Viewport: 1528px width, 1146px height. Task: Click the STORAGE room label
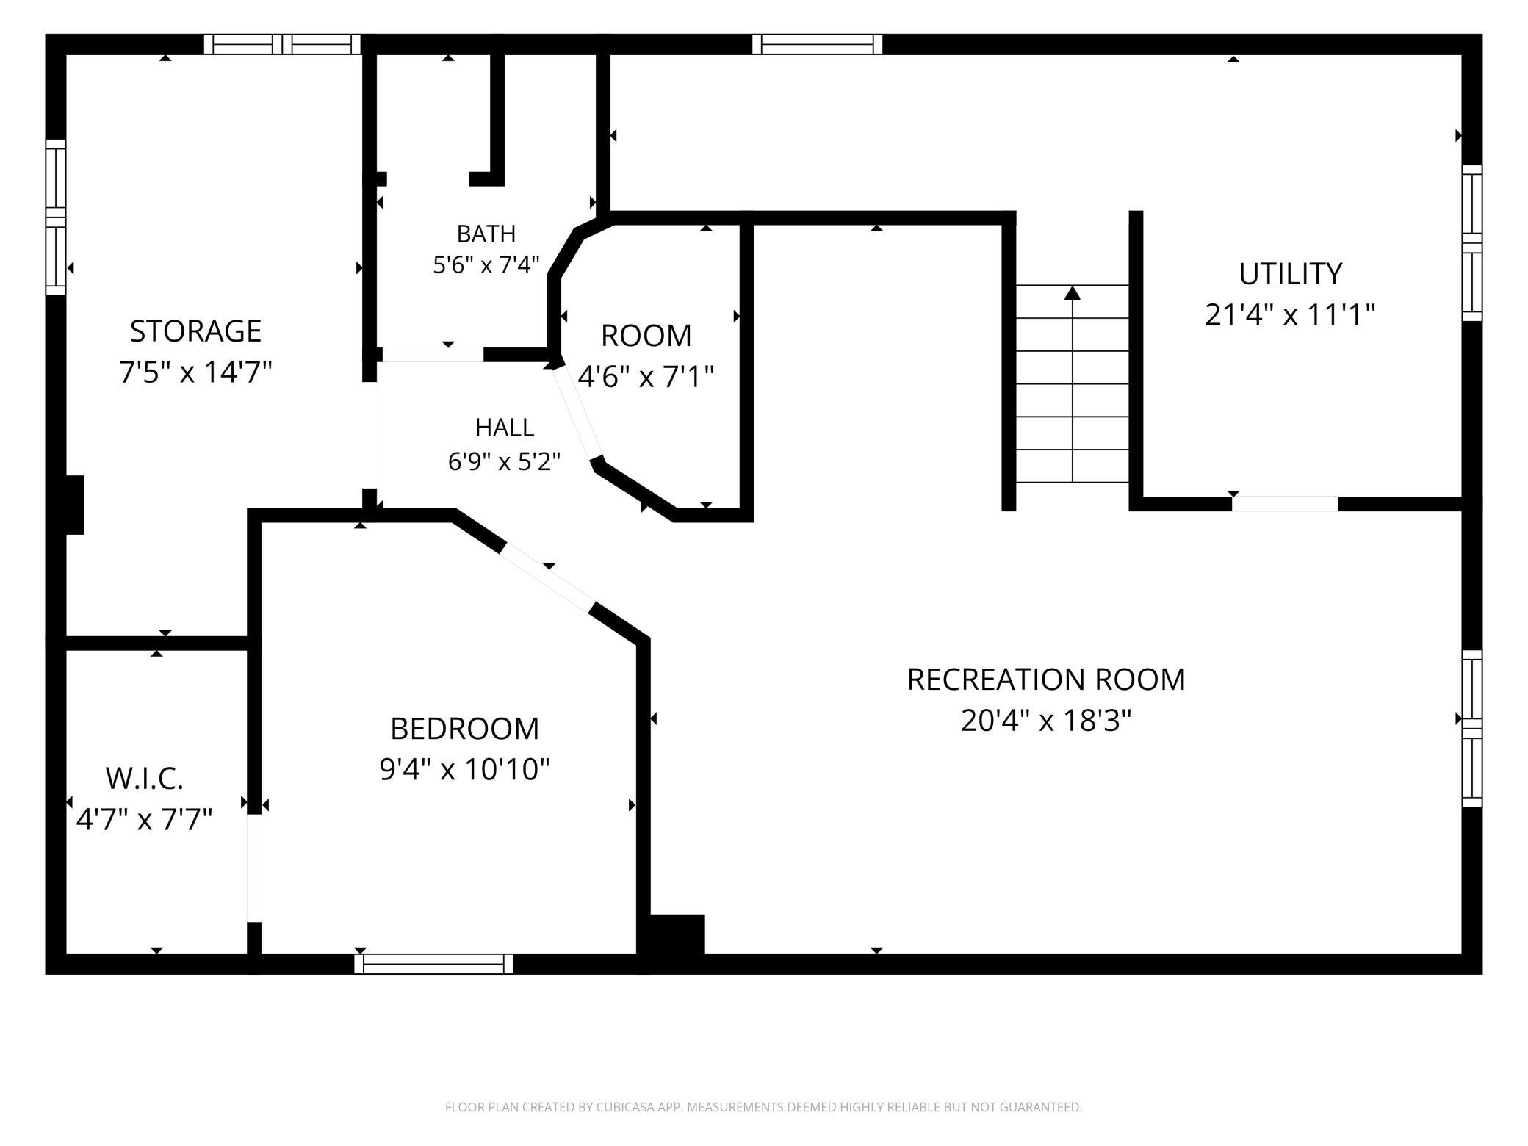click(195, 331)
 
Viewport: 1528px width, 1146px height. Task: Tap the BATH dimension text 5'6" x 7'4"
click(486, 264)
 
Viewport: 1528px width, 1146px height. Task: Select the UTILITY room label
click(1290, 274)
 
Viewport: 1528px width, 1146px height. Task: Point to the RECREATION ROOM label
click(1046, 680)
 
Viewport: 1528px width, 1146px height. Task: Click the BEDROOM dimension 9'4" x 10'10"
click(464, 770)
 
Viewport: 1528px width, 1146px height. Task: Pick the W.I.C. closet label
click(144, 779)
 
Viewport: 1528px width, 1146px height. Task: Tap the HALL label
click(505, 428)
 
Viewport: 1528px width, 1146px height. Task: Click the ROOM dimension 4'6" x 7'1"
click(646, 377)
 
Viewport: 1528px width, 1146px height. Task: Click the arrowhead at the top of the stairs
click(1073, 293)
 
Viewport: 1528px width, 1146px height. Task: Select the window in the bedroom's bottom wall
click(433, 963)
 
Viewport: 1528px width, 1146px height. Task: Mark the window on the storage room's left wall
click(56, 217)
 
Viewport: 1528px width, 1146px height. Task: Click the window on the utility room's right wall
click(1471, 242)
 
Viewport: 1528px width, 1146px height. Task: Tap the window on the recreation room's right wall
click(1471, 728)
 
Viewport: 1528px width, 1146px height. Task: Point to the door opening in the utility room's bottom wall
click(1285, 504)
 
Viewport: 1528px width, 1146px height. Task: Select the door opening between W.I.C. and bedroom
click(254, 868)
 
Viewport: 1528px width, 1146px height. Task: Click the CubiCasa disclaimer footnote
click(763, 1106)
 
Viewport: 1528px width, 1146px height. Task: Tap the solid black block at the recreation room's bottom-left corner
click(677, 934)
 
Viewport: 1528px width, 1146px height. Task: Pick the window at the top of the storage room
click(282, 44)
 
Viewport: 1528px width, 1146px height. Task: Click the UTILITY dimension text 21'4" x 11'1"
click(1290, 315)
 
